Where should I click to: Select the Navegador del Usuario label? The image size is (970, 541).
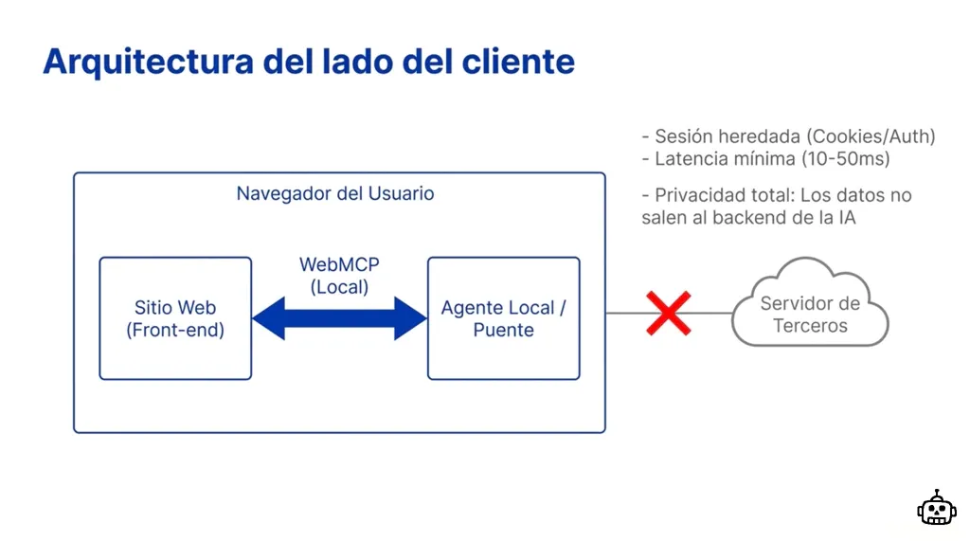(335, 194)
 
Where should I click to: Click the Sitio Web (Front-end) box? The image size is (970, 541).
(175, 318)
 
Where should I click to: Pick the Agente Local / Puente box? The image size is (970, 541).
(503, 318)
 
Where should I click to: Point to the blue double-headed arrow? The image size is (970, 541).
(339, 318)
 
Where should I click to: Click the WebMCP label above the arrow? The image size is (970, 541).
(339, 264)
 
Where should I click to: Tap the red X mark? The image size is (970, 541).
(668, 314)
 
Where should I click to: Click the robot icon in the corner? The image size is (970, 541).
(936, 509)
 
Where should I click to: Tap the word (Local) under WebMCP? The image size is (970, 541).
(339, 286)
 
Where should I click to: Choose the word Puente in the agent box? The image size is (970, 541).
(503, 331)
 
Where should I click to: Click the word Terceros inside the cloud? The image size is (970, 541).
(810, 326)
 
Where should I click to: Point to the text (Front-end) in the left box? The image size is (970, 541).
(175, 331)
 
